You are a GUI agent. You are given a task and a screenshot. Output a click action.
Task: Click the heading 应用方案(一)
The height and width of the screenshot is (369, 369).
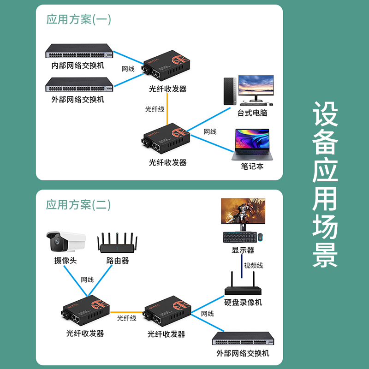coord(78,19)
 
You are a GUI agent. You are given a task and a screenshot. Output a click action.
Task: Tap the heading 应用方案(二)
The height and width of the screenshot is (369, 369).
coord(78,205)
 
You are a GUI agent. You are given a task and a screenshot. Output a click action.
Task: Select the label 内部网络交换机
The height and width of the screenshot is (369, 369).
coord(77,65)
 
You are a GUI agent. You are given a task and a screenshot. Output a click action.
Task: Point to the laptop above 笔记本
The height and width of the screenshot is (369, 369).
coord(252,144)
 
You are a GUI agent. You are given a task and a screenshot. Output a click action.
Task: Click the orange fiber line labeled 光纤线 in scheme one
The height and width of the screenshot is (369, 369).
coord(167,109)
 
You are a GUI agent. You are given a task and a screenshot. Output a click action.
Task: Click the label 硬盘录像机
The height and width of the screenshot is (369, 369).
coord(243,303)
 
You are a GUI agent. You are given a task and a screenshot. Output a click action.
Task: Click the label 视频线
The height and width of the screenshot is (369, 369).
coord(253,265)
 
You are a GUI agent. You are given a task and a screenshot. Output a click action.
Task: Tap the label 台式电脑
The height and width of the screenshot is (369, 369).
coord(252,113)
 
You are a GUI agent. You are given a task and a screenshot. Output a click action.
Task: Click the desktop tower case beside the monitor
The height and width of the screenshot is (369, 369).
coord(229,91)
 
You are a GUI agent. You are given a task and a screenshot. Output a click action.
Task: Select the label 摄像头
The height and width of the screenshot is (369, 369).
coord(65,261)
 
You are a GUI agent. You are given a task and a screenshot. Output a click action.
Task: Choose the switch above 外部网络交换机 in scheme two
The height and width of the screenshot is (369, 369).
coord(243,339)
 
